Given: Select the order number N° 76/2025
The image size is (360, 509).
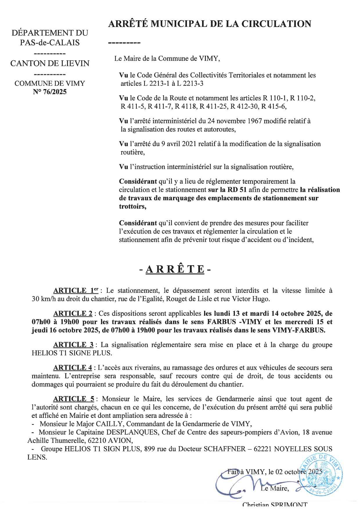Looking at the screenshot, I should [x=50, y=92].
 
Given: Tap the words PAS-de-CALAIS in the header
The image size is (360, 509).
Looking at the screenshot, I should [x=50, y=43].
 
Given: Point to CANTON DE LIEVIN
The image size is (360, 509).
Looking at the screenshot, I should [x=50, y=63].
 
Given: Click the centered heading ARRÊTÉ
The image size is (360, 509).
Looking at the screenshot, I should [x=175, y=269].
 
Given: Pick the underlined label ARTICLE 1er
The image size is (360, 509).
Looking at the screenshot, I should [x=76, y=290].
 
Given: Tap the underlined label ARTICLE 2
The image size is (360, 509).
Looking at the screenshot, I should [x=73, y=313].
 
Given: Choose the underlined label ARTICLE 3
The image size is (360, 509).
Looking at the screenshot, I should [x=73, y=345].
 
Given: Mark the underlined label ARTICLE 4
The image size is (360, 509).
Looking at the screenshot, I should [x=73, y=368].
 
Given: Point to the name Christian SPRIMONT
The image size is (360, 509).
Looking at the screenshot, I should [x=275, y=506].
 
